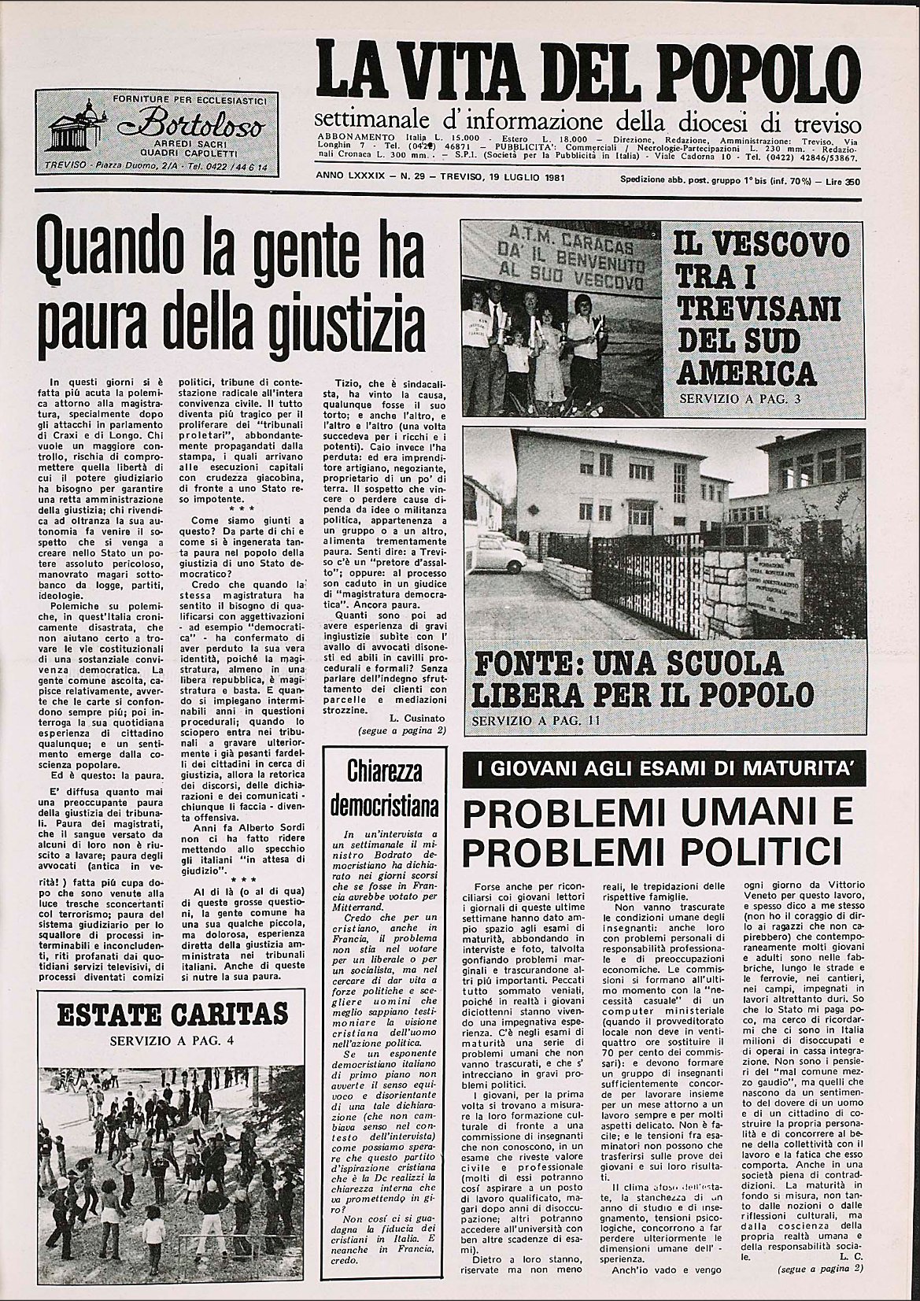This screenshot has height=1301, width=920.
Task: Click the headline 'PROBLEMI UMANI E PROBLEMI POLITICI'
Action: click(x=658, y=830)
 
